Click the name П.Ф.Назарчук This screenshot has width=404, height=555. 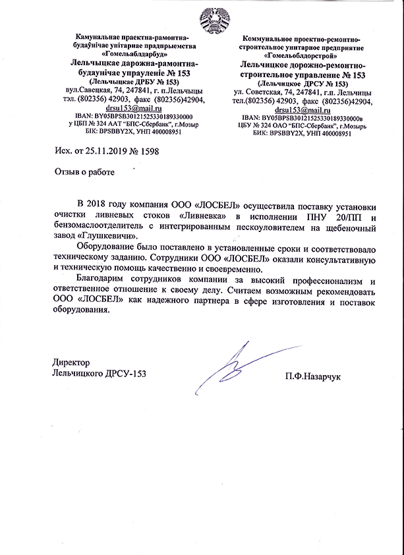pos(314,376)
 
